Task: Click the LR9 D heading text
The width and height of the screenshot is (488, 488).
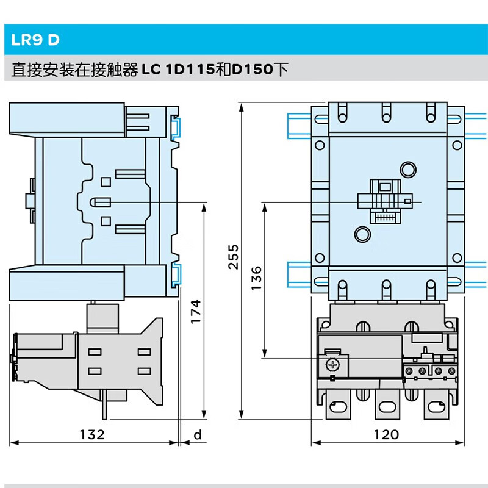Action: point(35,40)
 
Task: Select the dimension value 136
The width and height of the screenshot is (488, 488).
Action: point(256,278)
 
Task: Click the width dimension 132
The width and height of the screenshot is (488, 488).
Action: point(93,434)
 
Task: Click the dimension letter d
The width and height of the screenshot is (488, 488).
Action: point(196,434)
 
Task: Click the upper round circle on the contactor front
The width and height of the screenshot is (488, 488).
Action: point(407,169)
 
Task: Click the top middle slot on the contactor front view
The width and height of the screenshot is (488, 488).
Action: point(386,112)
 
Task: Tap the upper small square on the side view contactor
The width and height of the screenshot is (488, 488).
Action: point(105,181)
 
